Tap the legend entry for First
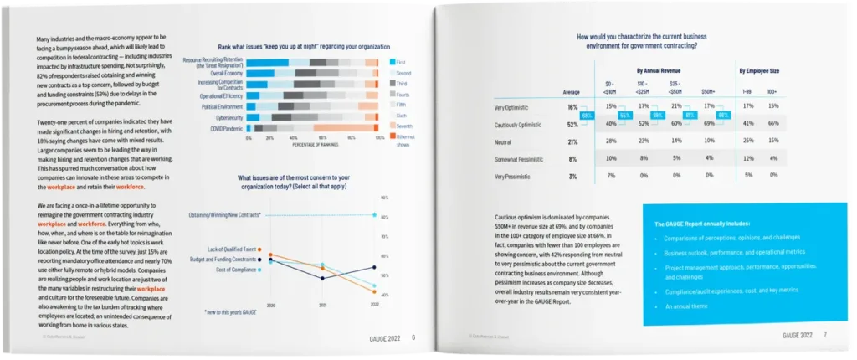tap(401, 63)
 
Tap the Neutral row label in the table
tap(505, 141)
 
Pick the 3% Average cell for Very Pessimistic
tap(573, 177)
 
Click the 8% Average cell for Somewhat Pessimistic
tap(573, 159)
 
